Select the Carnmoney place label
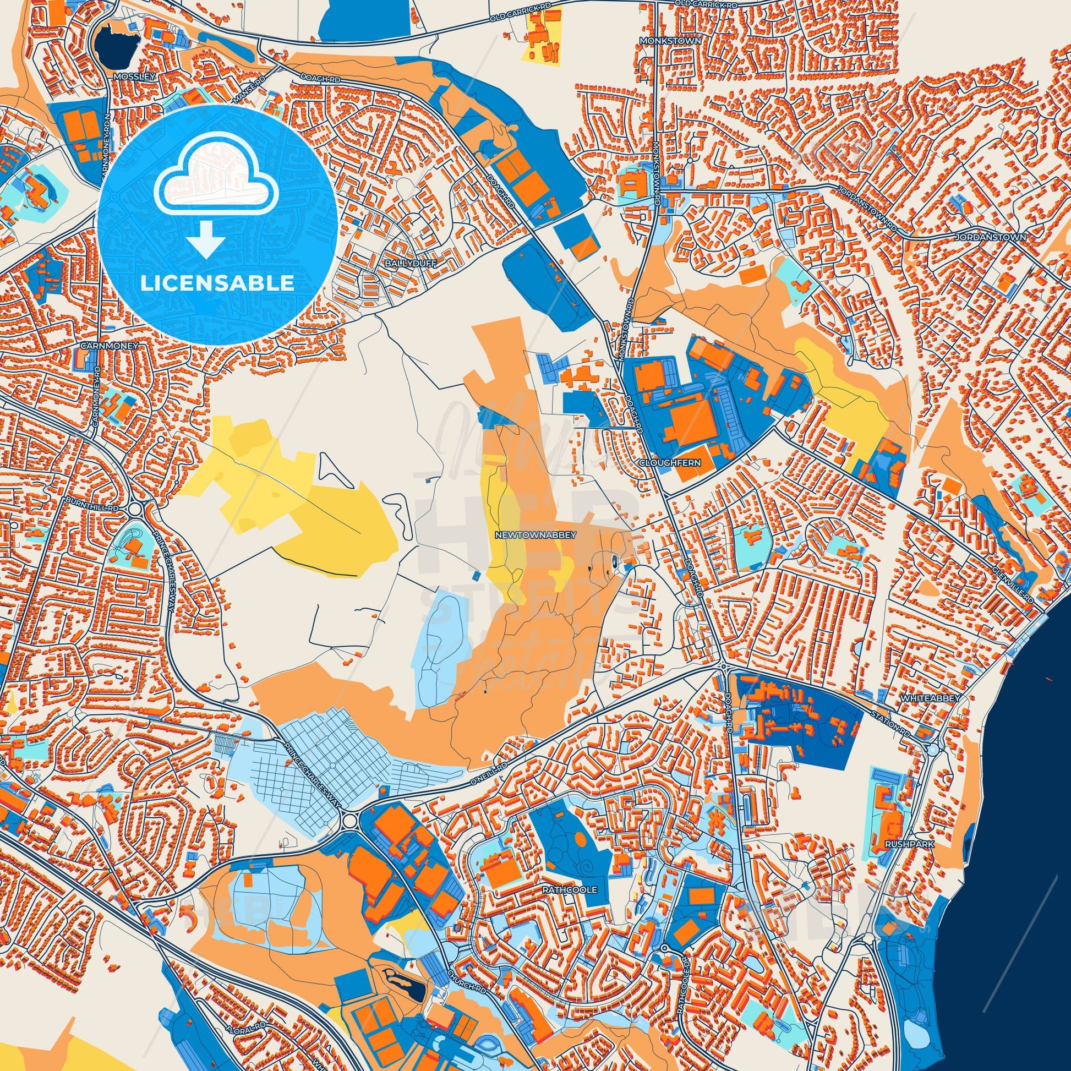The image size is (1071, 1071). coord(108,345)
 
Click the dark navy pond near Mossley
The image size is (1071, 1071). coord(116,46)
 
